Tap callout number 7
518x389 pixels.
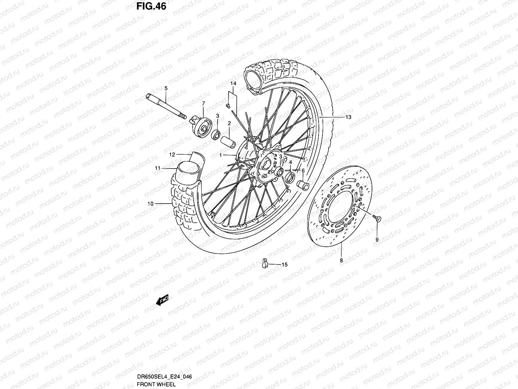203,104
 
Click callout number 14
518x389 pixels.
233,84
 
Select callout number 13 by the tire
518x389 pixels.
348,117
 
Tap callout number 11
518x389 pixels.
158,168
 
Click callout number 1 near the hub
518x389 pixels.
220,155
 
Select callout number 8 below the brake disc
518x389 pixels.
341,260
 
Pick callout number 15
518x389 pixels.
284,265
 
